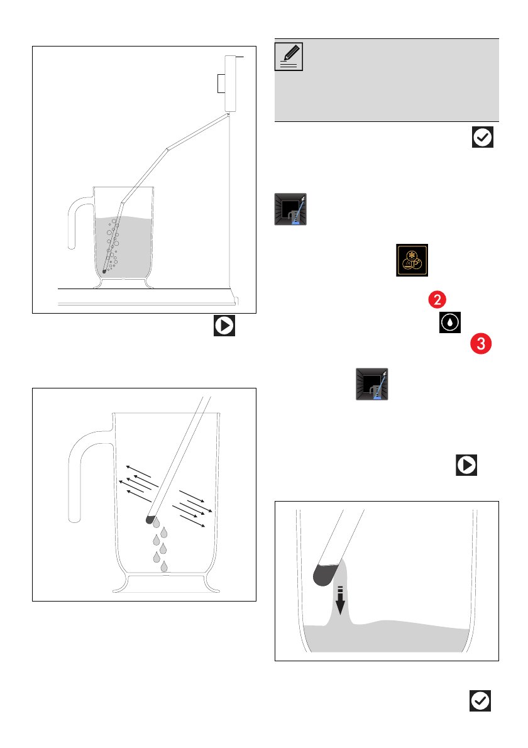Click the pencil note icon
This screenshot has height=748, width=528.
coord(290,57)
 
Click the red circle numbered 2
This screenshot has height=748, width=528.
coord(437,300)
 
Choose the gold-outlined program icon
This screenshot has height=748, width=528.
coord(412,260)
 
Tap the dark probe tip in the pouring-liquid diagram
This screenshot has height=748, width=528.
coord(326,573)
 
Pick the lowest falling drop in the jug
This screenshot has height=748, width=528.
coord(164,567)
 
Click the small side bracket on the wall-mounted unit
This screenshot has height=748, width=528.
coord(219,84)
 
